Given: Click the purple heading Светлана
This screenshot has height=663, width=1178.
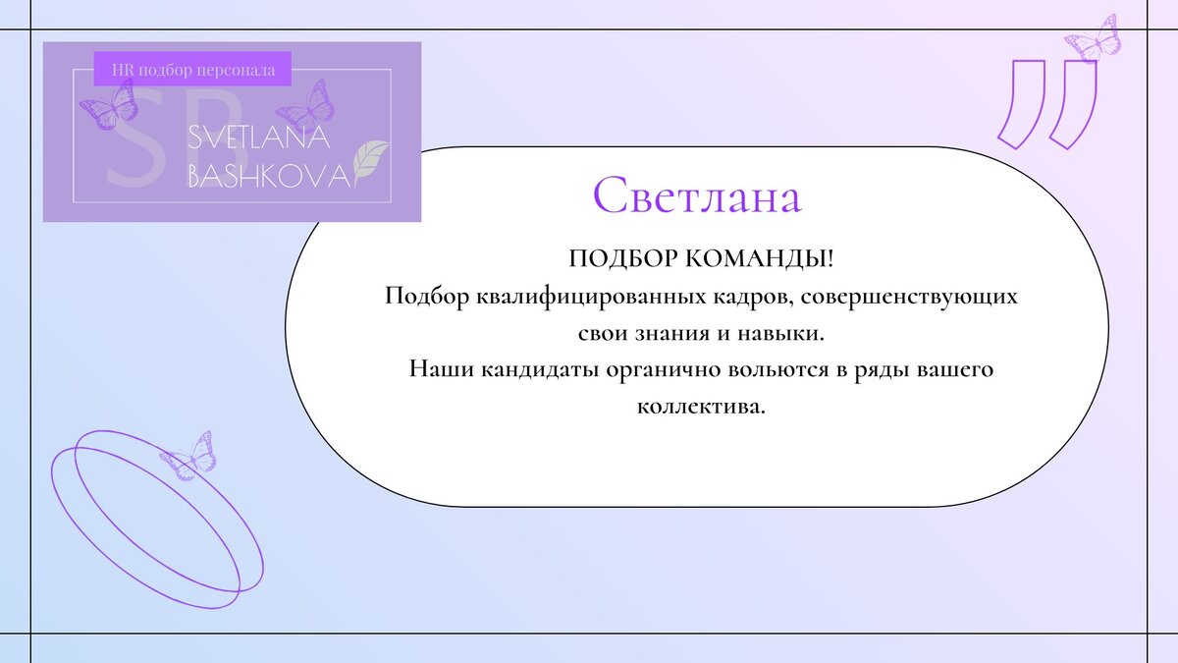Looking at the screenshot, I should point(697,196).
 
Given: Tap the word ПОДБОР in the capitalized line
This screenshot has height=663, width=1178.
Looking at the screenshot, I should point(615,259).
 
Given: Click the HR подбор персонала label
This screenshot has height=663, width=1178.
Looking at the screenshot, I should point(193,70).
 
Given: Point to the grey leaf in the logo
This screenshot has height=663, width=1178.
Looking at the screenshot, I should point(371,158).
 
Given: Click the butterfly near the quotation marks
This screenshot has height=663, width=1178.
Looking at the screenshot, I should point(1094,40).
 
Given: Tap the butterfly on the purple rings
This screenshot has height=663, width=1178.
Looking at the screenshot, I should point(188,455).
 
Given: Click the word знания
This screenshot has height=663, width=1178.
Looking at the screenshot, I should point(683,333).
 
